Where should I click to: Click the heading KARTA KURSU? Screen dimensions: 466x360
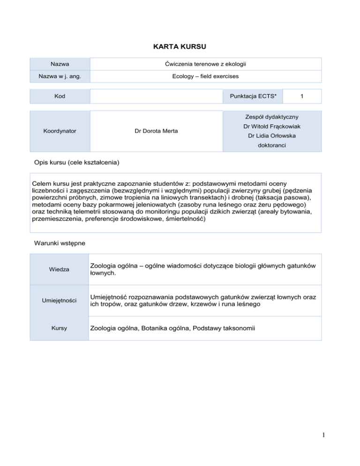click(180, 47)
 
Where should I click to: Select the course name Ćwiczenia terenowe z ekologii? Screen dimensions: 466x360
click(205, 64)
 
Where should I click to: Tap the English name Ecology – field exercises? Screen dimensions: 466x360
click(205, 76)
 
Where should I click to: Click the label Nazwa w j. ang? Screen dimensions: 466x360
click(59, 76)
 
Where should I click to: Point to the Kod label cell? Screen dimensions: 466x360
click(59, 96)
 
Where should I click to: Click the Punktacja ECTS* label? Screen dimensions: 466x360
click(253, 96)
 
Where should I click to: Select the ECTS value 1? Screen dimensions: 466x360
click(302, 96)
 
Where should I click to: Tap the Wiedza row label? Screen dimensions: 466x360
click(59, 270)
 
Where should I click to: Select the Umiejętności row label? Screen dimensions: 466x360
click(59, 300)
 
